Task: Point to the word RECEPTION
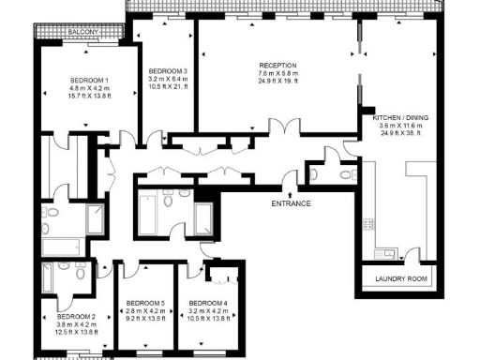pyautogui.click(x=278, y=65)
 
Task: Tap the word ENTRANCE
pyautogui.click(x=291, y=203)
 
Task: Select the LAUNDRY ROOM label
pyautogui.click(x=400, y=279)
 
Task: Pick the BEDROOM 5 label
pyautogui.click(x=144, y=304)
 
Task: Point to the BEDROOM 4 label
pyautogui.click(x=208, y=304)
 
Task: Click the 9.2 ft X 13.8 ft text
pyautogui.click(x=144, y=320)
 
